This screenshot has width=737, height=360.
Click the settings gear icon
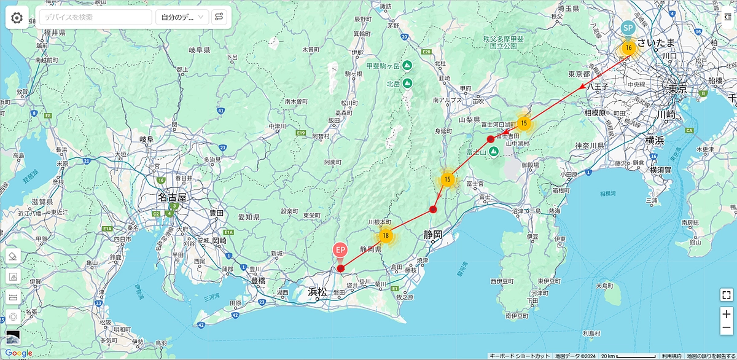pyautogui.click(x=17, y=17)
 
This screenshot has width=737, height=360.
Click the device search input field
pyautogui.click(x=95, y=17)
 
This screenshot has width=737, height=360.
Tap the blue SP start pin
pyautogui.click(x=628, y=29)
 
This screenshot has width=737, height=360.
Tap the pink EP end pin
pyautogui.click(x=340, y=251)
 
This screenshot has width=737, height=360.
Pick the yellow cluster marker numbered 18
pyautogui.click(x=386, y=235)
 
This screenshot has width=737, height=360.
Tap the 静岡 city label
pyautogui.click(x=432, y=234)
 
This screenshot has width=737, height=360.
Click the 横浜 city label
pyautogui.click(x=654, y=140)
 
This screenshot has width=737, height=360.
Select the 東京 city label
pyautogui.click(x=678, y=89)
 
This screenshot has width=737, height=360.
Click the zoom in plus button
pyautogui.click(x=726, y=314)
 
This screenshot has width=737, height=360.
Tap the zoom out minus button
pyautogui.click(x=726, y=328)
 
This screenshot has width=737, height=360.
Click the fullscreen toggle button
pyautogui.click(x=726, y=294)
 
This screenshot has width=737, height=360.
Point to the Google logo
pyautogui.click(x=18, y=353)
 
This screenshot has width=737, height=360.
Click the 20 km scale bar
pyautogui.click(x=626, y=356)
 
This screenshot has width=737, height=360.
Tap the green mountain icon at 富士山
pyautogui.click(x=493, y=151)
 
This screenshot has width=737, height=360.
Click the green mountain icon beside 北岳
pyautogui.click(x=407, y=83)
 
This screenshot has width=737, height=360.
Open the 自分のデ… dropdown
pyautogui.click(x=182, y=17)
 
